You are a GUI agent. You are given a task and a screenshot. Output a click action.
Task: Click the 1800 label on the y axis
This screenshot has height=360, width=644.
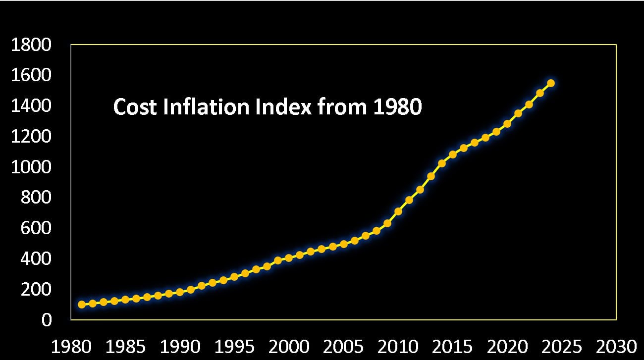[x=31, y=45]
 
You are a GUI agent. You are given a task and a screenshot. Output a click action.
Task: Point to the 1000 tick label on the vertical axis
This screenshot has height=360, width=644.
[x=31, y=167]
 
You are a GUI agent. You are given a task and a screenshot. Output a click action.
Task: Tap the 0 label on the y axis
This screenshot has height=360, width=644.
[x=47, y=320]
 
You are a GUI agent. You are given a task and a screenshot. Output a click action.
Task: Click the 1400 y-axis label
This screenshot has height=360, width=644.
[x=31, y=106]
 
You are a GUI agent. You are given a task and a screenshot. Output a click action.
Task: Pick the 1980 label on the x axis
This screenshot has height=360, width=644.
[x=71, y=346]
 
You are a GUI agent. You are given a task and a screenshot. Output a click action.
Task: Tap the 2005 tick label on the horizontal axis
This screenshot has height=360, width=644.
[x=343, y=346]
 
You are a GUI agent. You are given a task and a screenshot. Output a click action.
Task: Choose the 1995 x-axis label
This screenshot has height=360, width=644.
[x=234, y=346]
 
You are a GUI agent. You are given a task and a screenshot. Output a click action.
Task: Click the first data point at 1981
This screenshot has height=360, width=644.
[x=82, y=304]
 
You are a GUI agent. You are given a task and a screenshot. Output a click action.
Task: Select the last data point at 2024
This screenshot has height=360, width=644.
[x=550, y=83]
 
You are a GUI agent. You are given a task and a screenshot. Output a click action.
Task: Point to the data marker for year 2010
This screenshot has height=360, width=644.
[x=398, y=211]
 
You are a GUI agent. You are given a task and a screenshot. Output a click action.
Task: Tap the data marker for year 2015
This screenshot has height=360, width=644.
[x=452, y=154]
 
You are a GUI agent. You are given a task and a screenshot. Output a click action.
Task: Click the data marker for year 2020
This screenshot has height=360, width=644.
[x=507, y=124]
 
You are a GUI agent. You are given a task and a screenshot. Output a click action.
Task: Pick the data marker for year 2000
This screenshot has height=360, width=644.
[x=289, y=258]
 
